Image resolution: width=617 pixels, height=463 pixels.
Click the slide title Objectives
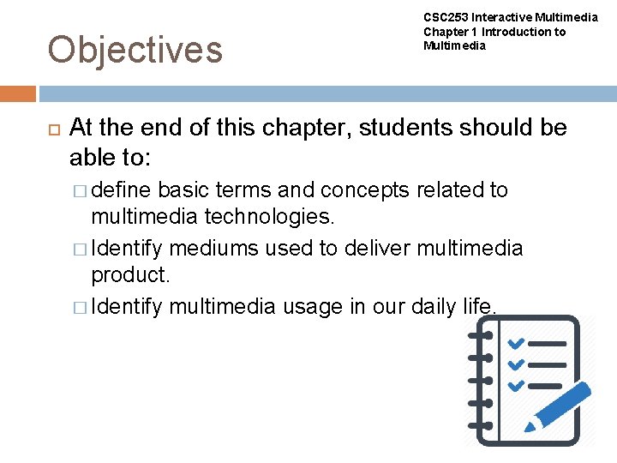(135, 50)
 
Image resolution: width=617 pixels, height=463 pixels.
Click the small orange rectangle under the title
(18, 93)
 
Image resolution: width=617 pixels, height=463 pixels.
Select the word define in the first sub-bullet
(122, 189)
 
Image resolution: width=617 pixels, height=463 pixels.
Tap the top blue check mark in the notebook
(516, 344)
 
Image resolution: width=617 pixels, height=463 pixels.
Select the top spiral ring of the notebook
(478, 336)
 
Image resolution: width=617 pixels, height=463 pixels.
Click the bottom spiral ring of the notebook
(478, 424)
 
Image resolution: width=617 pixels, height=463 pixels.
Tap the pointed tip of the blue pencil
(530, 426)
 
